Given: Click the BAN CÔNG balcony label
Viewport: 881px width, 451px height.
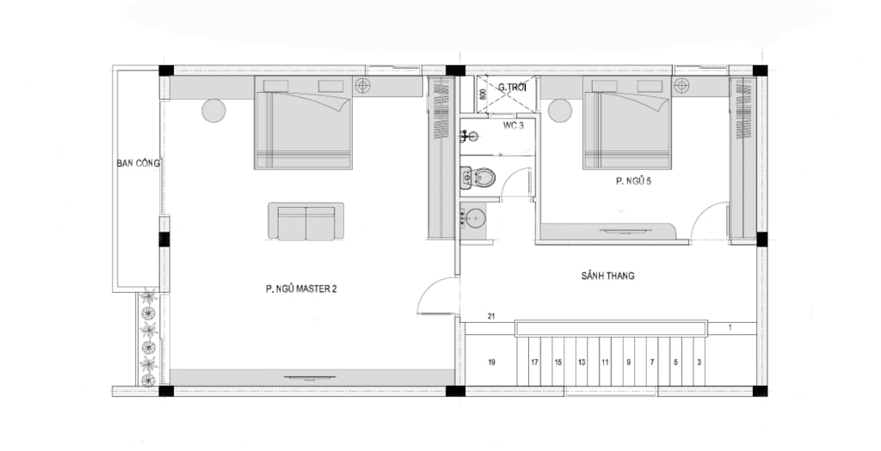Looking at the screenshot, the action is (139, 163).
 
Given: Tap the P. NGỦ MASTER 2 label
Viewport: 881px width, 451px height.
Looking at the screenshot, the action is (301, 289).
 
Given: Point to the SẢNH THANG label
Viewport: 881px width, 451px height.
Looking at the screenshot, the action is (607, 276).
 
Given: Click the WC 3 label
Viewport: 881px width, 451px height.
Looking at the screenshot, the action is (514, 125).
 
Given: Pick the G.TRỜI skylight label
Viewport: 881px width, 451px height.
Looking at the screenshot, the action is (511, 87).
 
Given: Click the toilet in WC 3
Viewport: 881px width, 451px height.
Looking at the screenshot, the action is (477, 179).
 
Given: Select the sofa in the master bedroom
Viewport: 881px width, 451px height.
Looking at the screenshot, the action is (305, 221).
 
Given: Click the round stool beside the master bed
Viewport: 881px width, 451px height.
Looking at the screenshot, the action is (213, 110).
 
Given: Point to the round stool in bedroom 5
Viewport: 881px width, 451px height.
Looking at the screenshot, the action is (559, 110).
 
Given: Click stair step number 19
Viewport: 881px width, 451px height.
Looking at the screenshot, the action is (491, 363).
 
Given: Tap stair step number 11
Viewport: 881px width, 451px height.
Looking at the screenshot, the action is (605, 363).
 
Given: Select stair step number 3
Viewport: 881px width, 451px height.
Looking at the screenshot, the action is (699, 363).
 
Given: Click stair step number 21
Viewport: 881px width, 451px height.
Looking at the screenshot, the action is (491, 316).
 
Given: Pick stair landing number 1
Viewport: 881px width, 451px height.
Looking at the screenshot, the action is (730, 327).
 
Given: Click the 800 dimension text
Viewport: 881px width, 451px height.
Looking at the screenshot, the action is (482, 94).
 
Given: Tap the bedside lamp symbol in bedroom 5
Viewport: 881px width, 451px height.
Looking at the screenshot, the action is (681, 85).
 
